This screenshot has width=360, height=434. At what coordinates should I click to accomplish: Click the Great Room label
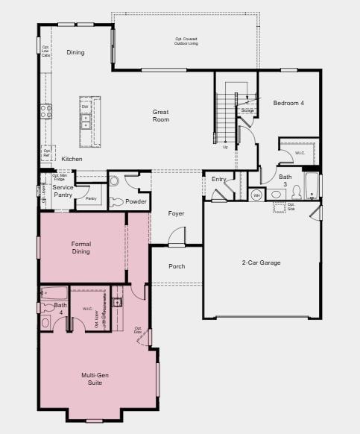tap(161, 116)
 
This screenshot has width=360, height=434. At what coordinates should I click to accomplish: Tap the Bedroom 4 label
tap(288, 102)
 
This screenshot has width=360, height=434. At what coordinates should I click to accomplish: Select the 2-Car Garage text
tap(261, 262)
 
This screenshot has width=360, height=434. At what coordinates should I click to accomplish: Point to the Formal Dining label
tap(81, 248)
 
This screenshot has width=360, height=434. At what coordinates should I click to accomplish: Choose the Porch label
tap(177, 266)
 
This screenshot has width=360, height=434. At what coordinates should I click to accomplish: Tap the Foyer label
tap(176, 213)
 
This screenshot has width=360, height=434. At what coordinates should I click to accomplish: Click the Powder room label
tap(136, 201)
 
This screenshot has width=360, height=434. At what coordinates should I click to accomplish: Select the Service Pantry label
tap(63, 191)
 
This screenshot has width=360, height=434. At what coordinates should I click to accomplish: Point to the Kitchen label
tap(72, 159)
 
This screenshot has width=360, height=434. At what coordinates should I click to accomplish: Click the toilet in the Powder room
tap(115, 201)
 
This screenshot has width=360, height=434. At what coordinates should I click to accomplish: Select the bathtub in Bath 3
tap(311, 186)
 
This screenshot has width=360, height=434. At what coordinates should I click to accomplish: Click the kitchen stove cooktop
tap(46, 111)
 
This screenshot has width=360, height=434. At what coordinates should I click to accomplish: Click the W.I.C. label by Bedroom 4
tap(300, 153)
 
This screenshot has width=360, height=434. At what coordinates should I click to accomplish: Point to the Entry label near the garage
tap(218, 179)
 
